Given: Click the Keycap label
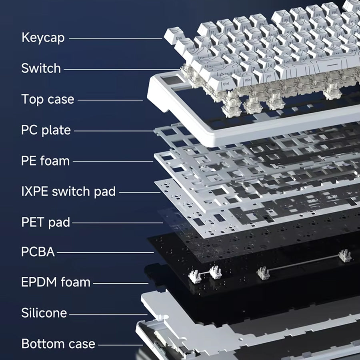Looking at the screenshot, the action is (x=43, y=38).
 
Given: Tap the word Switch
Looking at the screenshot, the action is (x=41, y=68).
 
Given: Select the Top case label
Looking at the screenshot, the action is (x=48, y=99).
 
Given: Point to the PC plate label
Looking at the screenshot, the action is (x=46, y=130).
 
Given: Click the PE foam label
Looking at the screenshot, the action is (x=45, y=161).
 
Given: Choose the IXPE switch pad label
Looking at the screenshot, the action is (x=68, y=192).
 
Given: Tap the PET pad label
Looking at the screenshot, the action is (x=46, y=222).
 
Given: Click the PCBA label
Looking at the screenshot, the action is (x=38, y=252).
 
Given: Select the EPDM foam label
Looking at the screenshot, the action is (x=56, y=282).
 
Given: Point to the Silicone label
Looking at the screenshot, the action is (x=44, y=313).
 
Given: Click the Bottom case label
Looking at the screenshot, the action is (x=58, y=344).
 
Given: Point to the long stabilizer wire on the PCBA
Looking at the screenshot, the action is (x=304, y=262).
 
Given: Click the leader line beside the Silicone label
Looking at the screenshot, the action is (x=108, y=314).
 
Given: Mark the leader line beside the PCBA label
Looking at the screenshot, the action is (x=105, y=252).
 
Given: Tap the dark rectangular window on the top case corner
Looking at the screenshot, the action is (x=172, y=80).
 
